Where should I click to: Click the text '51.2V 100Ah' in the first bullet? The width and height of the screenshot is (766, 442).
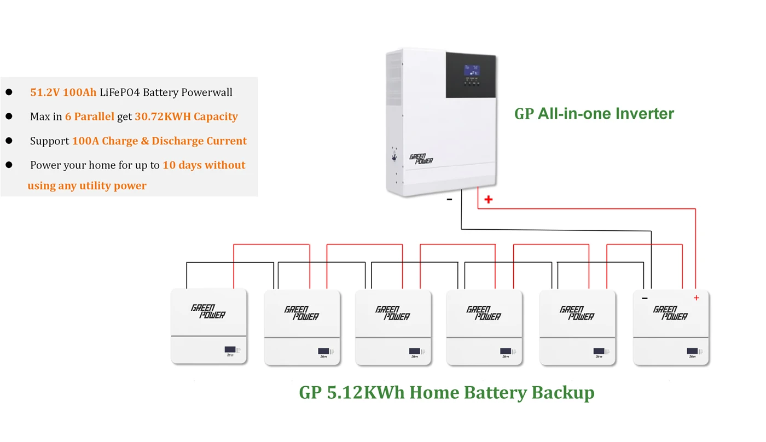click(63, 92)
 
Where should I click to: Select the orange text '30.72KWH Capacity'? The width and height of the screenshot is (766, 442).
click(186, 117)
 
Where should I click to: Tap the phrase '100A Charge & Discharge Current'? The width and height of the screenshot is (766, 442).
click(159, 141)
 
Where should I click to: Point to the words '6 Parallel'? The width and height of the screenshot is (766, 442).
click(89, 117)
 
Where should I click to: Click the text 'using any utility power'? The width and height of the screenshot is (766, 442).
click(87, 185)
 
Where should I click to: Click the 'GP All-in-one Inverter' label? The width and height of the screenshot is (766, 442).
click(594, 113)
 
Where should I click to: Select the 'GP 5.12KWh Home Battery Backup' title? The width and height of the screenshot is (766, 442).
click(446, 392)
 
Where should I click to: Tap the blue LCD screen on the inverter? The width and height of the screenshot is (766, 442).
click(472, 71)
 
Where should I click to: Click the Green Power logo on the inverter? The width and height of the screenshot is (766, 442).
click(421, 159)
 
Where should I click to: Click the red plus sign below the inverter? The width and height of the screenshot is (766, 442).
click(488, 200)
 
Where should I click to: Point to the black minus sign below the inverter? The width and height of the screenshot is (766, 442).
click(449, 200)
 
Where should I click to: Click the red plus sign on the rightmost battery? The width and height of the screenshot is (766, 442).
click(696, 298)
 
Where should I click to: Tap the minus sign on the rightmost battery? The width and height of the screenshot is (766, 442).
click(645, 298)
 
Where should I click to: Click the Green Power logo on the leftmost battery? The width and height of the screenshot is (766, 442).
click(208, 311)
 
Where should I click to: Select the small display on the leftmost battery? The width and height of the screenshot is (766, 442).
click(230, 350)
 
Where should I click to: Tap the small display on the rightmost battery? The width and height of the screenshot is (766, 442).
click(692, 351)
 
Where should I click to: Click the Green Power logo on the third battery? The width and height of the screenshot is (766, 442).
click(392, 313)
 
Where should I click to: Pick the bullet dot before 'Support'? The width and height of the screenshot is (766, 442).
click(9, 141)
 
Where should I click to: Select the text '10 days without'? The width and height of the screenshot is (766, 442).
click(204, 165)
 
